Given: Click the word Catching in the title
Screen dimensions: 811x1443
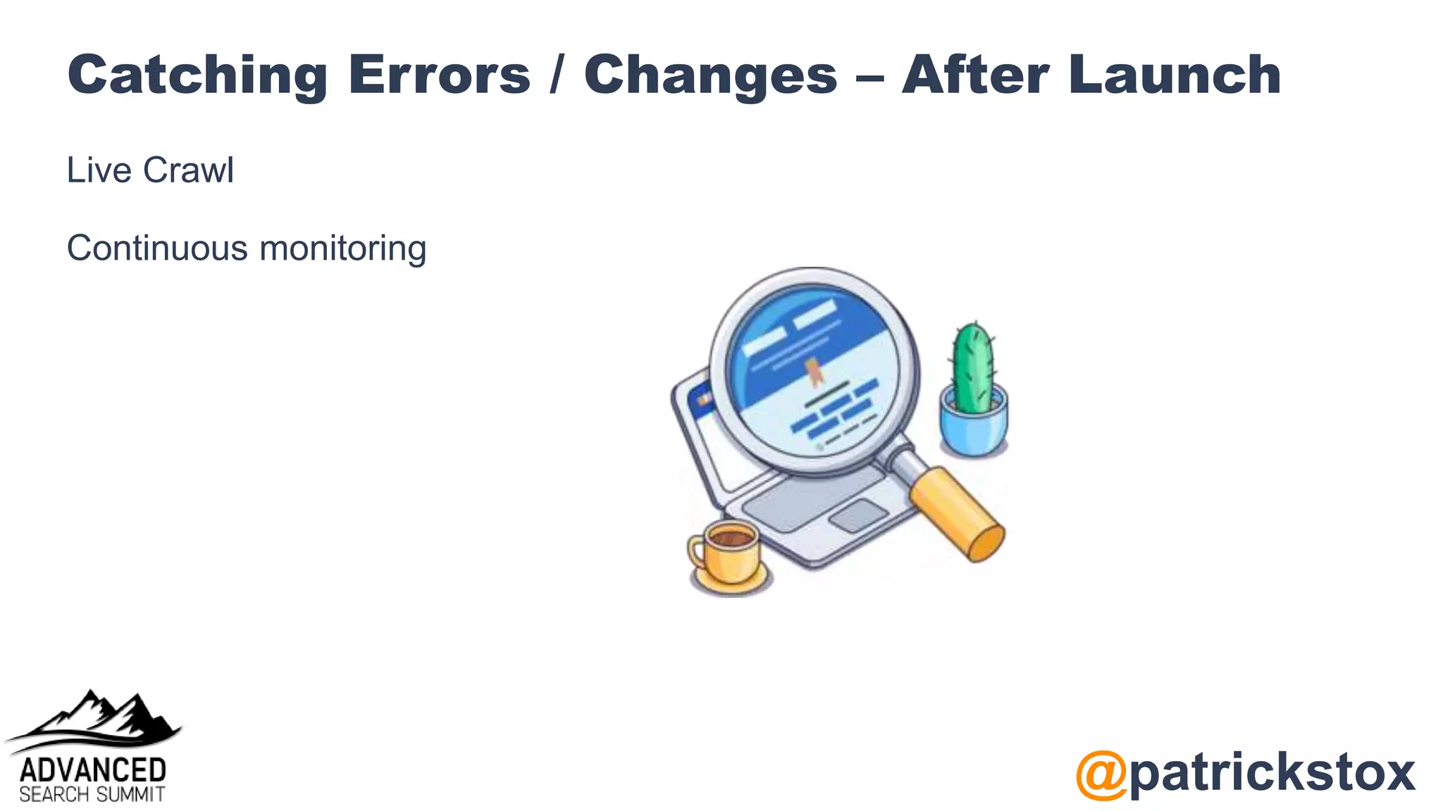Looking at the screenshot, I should [x=197, y=75].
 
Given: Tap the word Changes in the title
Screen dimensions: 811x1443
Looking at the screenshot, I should [x=710, y=75].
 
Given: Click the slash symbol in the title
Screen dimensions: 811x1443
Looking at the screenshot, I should [x=557, y=75].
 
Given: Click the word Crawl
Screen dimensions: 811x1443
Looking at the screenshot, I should [x=188, y=170].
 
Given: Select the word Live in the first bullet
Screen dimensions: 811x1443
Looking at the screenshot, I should [x=99, y=170].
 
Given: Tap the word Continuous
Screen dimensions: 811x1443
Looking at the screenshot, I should [x=157, y=249].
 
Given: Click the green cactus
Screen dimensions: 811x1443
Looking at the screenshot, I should [x=973, y=367].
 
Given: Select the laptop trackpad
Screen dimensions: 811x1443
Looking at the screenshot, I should [x=857, y=516].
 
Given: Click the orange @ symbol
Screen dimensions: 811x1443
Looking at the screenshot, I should [x=1101, y=774].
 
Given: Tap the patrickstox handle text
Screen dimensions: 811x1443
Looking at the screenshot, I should [x=1272, y=773].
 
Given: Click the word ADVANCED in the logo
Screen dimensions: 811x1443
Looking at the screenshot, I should [x=92, y=770].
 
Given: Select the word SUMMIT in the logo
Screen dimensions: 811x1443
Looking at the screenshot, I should [x=130, y=795].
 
